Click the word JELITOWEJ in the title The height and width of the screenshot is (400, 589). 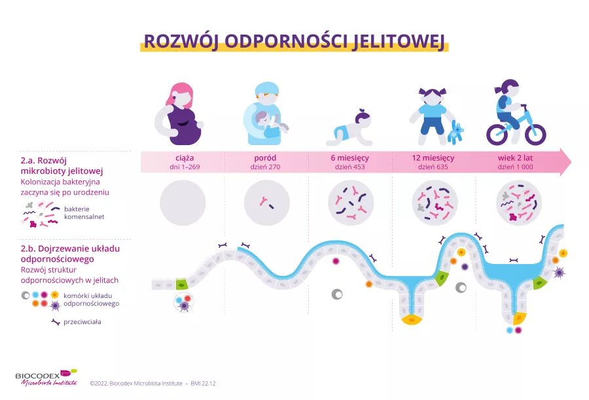pos(399,41)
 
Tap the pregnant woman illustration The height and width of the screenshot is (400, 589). pos(179,114)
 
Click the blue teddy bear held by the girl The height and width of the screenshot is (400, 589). pos(455,133)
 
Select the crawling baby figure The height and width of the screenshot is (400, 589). pos(349,128)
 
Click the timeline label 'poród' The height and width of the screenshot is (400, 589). pos(265,158)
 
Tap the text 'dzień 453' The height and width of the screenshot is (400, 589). pos(349,167)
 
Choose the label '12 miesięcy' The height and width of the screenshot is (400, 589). pos(433,158)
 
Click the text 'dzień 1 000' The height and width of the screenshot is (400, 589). pos(516,167)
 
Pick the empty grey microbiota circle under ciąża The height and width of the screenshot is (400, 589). pos(183,203)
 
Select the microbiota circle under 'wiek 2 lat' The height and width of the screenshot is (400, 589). pos(519,203)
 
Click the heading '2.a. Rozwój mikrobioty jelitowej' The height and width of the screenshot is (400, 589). pos(62,166)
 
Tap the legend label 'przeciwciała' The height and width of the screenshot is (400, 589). pos(82,322)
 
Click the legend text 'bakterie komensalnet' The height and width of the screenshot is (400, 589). pos(84,213)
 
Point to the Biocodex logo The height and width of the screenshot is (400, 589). pos(46,378)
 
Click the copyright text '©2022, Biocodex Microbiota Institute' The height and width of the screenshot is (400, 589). pos(136,384)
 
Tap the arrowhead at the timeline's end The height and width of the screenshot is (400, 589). pos(565,162)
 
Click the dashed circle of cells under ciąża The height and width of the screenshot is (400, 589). pos(184,303)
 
